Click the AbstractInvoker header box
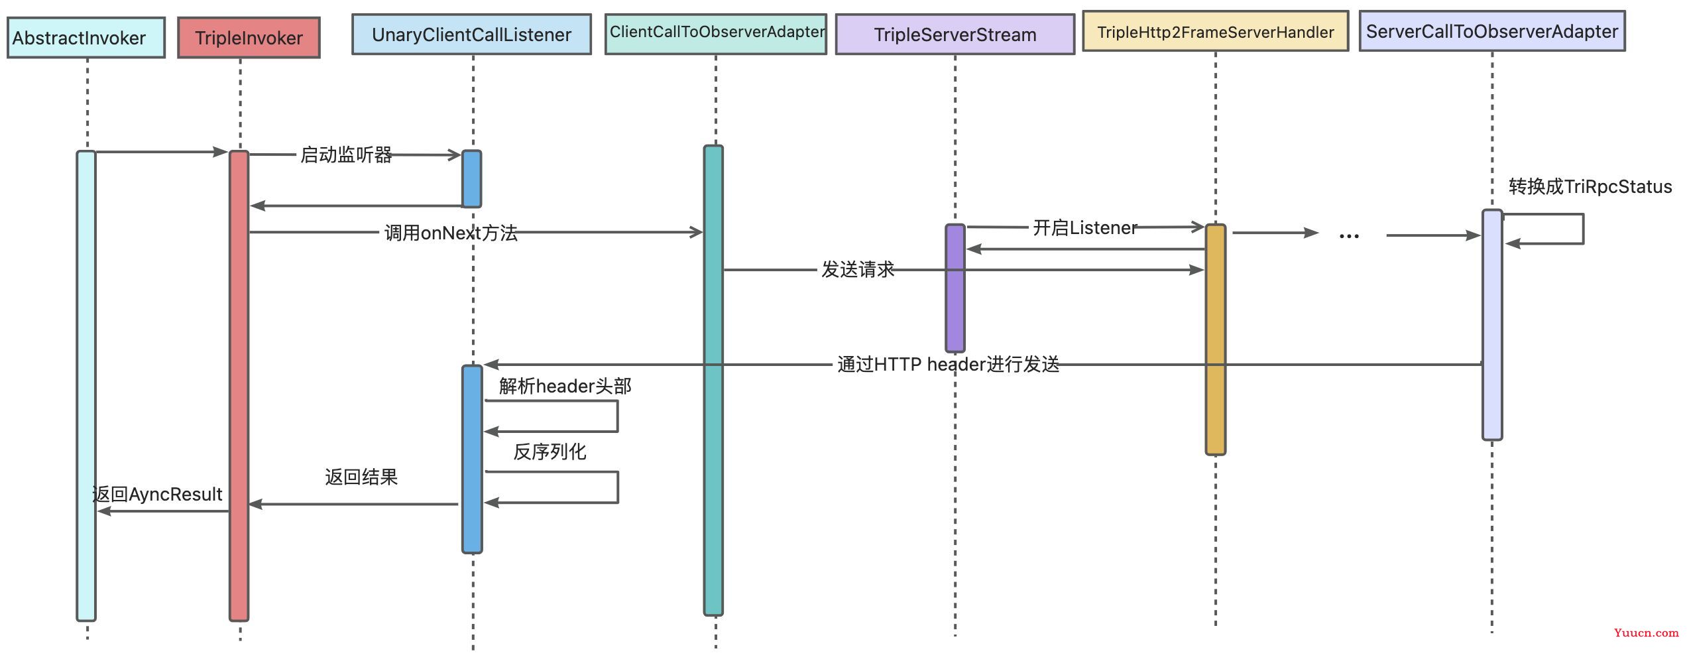coord(86,38)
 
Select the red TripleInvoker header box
coord(249,38)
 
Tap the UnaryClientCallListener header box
coord(471,34)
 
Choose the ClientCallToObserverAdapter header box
coord(716,33)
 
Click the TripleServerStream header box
coord(955,34)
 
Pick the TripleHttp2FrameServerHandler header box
coord(1215,32)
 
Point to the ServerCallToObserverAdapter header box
coord(1491,31)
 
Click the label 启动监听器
coord(346,154)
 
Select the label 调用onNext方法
coord(451,233)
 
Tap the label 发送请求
coord(858,269)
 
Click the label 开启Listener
coord(1084,228)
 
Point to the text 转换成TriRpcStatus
coord(1590,186)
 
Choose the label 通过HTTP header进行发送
coord(948,364)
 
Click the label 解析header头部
coord(565,386)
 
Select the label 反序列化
coord(550,452)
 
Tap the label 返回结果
coord(361,477)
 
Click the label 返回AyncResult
coord(157,494)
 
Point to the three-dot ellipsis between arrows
coord(1349,235)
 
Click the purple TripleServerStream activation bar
coord(955,288)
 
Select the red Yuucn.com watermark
coord(1646,633)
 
